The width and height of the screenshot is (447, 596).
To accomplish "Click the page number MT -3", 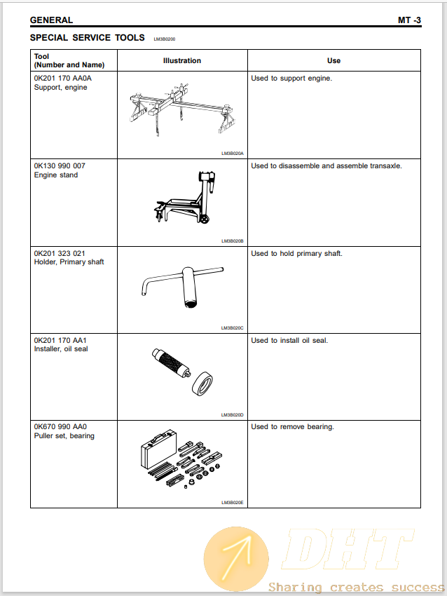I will coord(409,20).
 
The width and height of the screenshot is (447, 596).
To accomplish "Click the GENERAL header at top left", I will coord(51,20).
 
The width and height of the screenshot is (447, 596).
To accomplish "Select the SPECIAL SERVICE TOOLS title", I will coord(87,37).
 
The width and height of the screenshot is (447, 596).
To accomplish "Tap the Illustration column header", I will coord(182,60).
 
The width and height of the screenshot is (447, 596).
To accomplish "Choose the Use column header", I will coord(333,60).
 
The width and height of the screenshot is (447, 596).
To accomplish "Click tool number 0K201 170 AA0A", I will coord(63,79).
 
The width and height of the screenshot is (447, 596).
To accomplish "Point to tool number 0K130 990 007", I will coord(60,165).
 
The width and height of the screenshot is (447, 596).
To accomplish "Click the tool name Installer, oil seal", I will coord(61,348).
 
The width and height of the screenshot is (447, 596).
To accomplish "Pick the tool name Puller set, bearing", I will coord(64,435).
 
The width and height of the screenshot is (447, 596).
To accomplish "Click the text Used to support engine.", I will coord(291,79).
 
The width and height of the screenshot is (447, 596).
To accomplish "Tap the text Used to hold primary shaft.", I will coord(296,253).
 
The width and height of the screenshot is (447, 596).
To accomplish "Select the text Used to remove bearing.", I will coord(292,426).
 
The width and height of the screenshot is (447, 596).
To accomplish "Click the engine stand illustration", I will coord(184,198).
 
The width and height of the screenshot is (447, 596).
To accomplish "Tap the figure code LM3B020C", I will coord(232,327).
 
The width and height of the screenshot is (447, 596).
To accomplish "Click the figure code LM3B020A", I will coord(232,152).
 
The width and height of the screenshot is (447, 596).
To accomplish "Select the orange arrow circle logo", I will coord(236,557).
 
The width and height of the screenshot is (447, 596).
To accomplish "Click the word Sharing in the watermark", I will coord(295,587).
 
